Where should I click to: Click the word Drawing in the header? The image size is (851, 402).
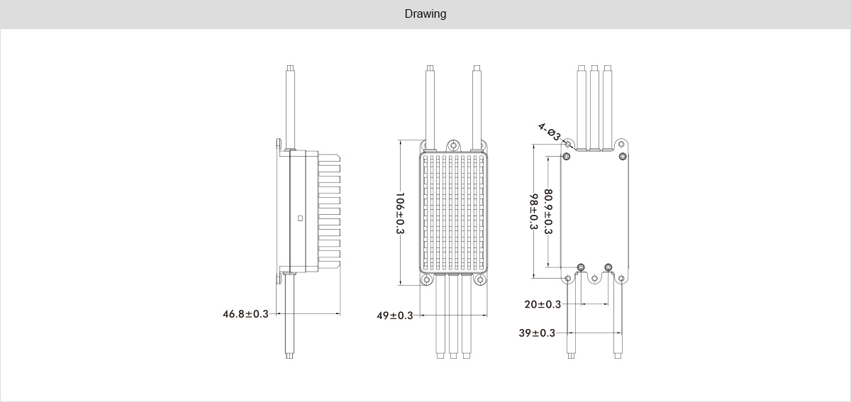pos(425,14)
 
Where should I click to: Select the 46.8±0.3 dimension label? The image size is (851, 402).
pos(245,313)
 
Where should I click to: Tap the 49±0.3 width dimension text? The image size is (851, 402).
pos(394,316)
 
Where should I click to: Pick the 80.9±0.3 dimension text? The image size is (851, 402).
pos(547,211)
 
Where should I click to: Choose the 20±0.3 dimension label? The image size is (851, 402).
pos(543,304)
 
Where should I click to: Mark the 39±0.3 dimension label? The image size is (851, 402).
pos(537,333)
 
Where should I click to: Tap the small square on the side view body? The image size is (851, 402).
pos(300,218)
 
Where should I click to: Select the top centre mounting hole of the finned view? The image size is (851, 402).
pos(453,145)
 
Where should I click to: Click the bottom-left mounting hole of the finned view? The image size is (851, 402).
pos(427,280)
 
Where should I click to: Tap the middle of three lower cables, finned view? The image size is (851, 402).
pos(453,316)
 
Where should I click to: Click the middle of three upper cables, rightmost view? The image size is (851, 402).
pos(594,106)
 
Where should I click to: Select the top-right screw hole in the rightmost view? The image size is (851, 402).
pos(623,156)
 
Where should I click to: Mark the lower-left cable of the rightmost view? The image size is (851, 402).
pos(572,319)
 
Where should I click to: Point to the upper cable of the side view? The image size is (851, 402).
pos(291,103)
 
